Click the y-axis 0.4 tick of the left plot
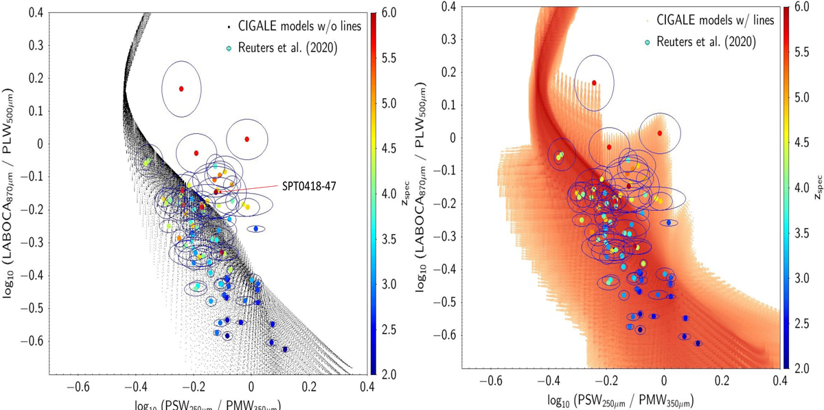pyautogui.click(x=32, y=13)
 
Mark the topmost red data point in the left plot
pyautogui.click(x=181, y=89)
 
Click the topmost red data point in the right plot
pyautogui.click(x=594, y=83)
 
